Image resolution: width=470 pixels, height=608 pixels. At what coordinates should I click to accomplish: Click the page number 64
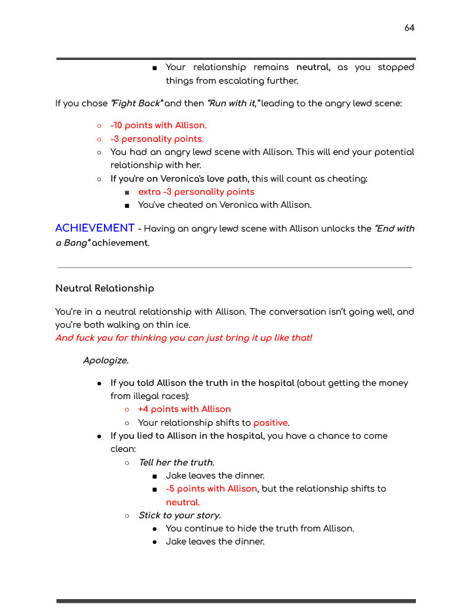click(x=409, y=28)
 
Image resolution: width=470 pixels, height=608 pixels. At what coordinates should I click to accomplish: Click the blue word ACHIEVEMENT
click(x=95, y=229)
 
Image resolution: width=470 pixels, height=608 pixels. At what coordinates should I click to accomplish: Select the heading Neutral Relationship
click(x=105, y=289)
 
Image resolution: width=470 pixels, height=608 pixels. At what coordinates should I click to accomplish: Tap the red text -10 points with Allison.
click(x=158, y=125)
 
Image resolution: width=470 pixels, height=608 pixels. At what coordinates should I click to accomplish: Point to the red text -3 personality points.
click(x=157, y=139)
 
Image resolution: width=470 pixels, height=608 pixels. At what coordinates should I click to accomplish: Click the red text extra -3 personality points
click(x=196, y=192)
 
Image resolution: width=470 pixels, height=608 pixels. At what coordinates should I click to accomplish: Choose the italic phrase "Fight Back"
click(x=137, y=103)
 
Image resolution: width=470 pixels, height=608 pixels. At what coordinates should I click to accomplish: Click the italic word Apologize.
click(x=106, y=360)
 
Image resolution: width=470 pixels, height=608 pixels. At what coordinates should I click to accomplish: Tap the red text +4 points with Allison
click(x=184, y=409)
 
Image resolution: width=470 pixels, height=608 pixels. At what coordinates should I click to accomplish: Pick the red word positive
click(x=271, y=423)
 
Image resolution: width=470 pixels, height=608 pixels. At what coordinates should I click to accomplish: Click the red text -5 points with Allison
click(x=212, y=489)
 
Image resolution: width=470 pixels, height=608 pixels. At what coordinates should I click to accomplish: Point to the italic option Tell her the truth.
click(x=176, y=463)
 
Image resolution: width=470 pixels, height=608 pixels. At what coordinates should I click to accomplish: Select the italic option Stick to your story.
click(x=179, y=515)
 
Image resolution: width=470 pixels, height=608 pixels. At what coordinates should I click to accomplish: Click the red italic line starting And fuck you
click(x=184, y=338)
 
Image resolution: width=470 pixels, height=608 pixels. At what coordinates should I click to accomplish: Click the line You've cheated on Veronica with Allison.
click(x=225, y=205)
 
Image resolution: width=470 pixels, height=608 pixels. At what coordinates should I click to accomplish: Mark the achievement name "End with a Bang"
click(x=393, y=229)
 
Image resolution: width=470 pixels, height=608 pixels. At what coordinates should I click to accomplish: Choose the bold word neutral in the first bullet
click(x=313, y=68)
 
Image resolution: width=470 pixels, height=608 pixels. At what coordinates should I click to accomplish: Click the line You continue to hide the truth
click(x=260, y=528)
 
